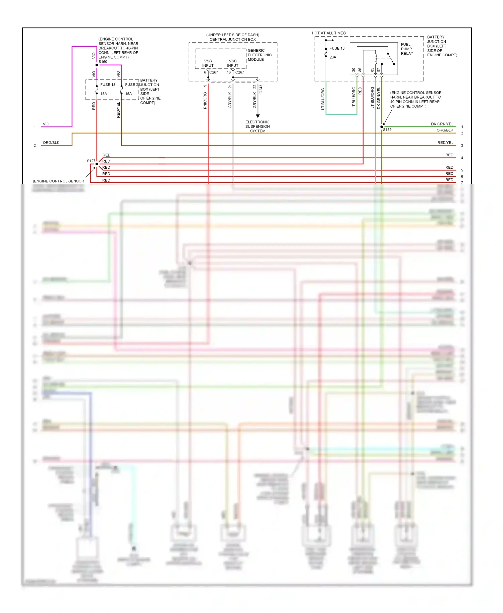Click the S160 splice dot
tap(97, 65)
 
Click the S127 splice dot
tap(97, 164)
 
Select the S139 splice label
tap(387, 130)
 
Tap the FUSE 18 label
tap(108, 85)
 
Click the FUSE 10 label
tap(337, 48)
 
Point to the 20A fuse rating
tap(333, 57)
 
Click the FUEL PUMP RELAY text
tap(407, 49)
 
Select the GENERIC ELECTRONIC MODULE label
tap(259, 55)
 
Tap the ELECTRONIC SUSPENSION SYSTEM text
tap(257, 126)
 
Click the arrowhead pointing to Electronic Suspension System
tap(258, 116)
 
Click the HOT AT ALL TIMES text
tap(328, 33)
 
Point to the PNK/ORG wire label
tap(205, 100)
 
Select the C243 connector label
tap(261, 89)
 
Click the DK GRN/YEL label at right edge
tap(442, 124)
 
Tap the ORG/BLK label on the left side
tap(51, 143)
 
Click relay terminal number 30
tap(353, 70)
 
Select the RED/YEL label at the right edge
tap(445, 143)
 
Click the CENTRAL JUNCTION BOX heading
tap(232, 40)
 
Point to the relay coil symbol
tap(376, 58)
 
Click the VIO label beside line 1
tap(46, 124)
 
